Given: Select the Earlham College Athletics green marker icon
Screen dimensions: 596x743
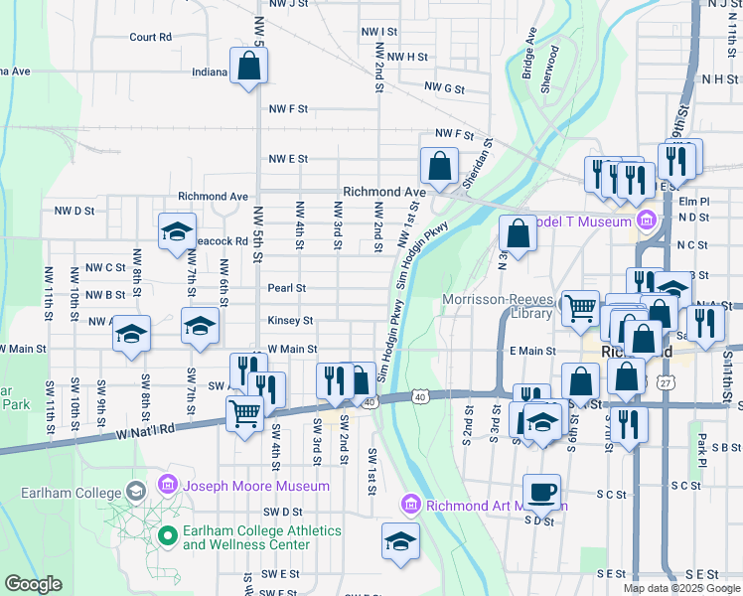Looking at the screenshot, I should click(166, 536).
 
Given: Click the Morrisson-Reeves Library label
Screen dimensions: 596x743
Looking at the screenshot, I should click(497, 306).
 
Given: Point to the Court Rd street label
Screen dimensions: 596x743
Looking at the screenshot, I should click(150, 37).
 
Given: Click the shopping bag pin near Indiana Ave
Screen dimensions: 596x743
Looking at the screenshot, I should click(248, 68).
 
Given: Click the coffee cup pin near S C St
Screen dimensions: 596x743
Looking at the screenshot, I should click(541, 491).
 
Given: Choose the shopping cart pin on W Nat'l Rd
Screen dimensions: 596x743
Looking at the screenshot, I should click(244, 412).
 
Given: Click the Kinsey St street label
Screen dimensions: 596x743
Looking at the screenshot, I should click(290, 321).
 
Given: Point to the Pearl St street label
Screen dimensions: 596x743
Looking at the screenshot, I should click(286, 288).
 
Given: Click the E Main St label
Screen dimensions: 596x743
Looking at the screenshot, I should click(532, 351).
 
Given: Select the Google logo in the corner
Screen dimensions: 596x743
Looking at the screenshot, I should click(33, 584).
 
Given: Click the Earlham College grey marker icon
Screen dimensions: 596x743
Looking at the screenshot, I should click(135, 491).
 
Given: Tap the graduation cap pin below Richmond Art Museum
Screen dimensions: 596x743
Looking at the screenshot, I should click(400, 541).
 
